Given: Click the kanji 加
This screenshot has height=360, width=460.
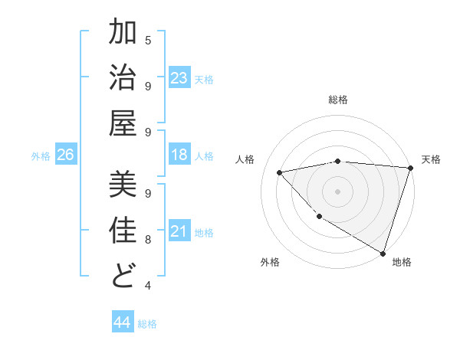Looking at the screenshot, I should pyautogui.click(x=123, y=34).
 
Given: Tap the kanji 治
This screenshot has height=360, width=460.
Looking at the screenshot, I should pyautogui.click(x=123, y=80).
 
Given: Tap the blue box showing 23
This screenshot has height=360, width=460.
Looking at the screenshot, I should pyautogui.click(x=179, y=78).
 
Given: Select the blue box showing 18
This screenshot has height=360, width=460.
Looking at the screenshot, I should pyautogui.click(x=179, y=155).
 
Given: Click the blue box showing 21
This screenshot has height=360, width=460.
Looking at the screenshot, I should pyautogui.click(x=179, y=231).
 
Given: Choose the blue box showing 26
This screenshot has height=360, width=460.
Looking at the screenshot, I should pyautogui.click(x=65, y=155).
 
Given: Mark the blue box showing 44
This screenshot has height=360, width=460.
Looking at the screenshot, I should pyautogui.click(x=122, y=322).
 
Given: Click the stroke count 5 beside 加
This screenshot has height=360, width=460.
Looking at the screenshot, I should pyautogui.click(x=148, y=40).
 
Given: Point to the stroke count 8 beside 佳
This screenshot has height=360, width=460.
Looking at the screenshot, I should pyautogui.click(x=148, y=239).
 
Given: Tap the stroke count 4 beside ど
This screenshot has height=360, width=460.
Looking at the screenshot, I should pyautogui.click(x=148, y=285).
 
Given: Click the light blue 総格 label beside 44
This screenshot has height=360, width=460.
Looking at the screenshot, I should pyautogui.click(x=147, y=324).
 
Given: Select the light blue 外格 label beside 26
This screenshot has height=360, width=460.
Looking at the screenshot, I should pyautogui.click(x=41, y=156).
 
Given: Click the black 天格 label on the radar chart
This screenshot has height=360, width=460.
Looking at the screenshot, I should pyautogui.click(x=431, y=159).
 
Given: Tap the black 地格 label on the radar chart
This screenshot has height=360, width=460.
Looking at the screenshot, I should pyautogui.click(x=402, y=262).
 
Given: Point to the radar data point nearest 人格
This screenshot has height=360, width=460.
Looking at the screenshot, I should pyautogui.click(x=280, y=172).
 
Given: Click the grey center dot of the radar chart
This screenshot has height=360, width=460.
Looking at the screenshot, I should pyautogui.click(x=337, y=191).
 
